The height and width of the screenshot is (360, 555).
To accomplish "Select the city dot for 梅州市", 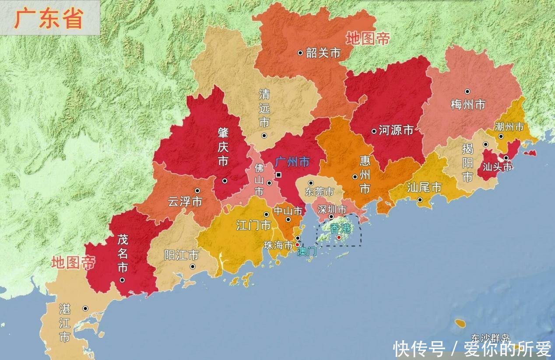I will [467, 91].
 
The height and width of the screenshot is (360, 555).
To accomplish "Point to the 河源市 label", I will [396, 130].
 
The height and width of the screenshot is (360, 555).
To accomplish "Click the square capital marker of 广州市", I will [278, 175].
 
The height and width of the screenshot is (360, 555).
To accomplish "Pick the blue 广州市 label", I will [292, 162].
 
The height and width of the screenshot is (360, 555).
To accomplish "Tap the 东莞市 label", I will [319, 192].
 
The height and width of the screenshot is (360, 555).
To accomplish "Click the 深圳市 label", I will [332, 209].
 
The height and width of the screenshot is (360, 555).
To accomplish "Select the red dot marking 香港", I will [339, 237].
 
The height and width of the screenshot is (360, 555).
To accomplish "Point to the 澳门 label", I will [306, 252].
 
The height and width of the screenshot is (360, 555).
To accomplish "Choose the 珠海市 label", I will [278, 245].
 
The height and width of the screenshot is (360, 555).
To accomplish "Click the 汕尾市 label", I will [424, 188].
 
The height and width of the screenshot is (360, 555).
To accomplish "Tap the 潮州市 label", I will [509, 127].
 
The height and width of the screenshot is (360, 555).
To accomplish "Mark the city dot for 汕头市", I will [506, 158].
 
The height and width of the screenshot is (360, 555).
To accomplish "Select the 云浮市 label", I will [185, 202].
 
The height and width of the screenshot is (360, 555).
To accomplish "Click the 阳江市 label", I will [181, 255].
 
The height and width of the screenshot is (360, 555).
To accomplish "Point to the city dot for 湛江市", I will [85, 308].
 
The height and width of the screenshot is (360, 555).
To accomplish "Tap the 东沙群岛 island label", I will [490, 338].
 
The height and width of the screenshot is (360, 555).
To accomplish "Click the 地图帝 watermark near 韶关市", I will [368, 38].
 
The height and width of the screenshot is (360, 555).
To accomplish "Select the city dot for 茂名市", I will [122, 280].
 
